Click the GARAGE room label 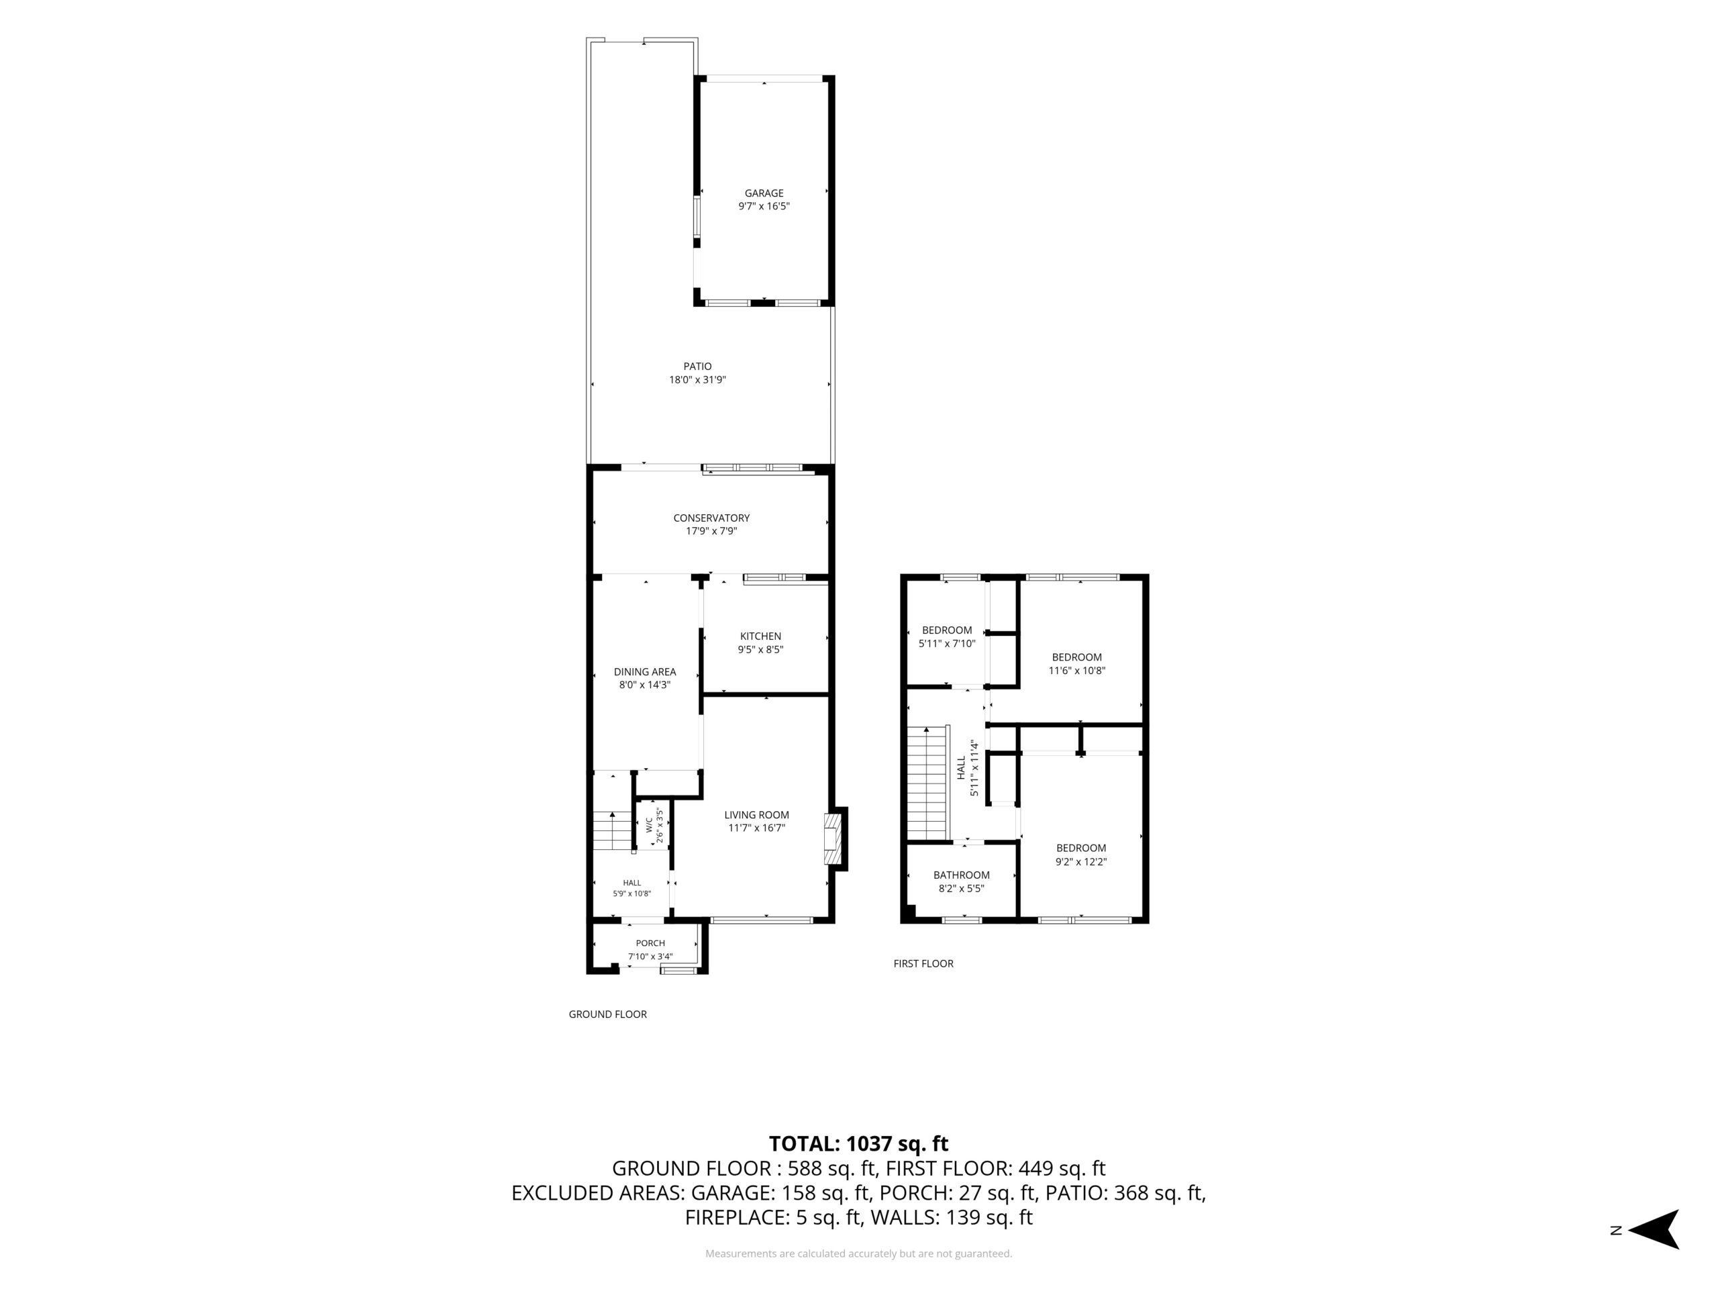(764, 193)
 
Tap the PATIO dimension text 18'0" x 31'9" (697, 380)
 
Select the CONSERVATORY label (711, 518)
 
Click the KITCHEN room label (760, 636)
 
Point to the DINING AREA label (645, 671)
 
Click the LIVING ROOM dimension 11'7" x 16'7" (756, 828)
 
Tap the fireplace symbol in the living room (833, 839)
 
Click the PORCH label (650, 943)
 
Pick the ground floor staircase (613, 830)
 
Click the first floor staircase (928, 782)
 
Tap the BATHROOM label (962, 875)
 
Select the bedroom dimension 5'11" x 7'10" (947, 643)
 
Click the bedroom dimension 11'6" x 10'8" (1076, 671)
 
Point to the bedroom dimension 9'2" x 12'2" (1080, 861)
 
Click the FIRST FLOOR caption (923, 963)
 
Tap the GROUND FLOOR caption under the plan (607, 1014)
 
